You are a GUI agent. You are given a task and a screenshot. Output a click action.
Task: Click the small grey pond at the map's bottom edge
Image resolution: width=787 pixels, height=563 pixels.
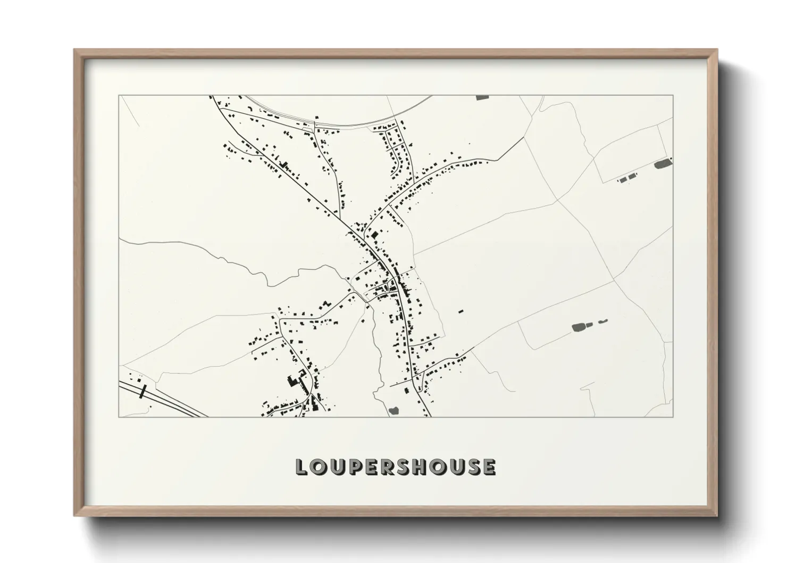click(x=394, y=410)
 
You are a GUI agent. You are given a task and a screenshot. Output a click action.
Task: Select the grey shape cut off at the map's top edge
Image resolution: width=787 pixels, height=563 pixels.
click(x=482, y=98)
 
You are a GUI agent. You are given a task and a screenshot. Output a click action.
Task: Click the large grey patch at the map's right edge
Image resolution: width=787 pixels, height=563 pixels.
click(x=662, y=163)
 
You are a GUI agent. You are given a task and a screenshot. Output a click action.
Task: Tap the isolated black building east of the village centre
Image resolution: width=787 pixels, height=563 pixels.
click(x=461, y=310)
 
